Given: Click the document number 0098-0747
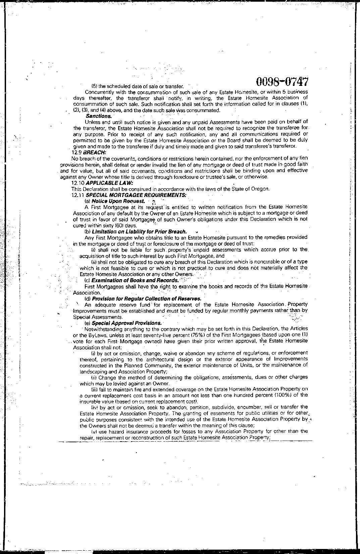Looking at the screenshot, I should [x=282, y=82].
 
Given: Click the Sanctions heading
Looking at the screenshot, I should [x=99, y=116].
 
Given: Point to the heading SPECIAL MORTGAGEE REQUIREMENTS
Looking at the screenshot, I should [x=136, y=195].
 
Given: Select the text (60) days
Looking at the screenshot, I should [x=125, y=225].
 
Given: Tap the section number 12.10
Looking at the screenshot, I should [x=78, y=183].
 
